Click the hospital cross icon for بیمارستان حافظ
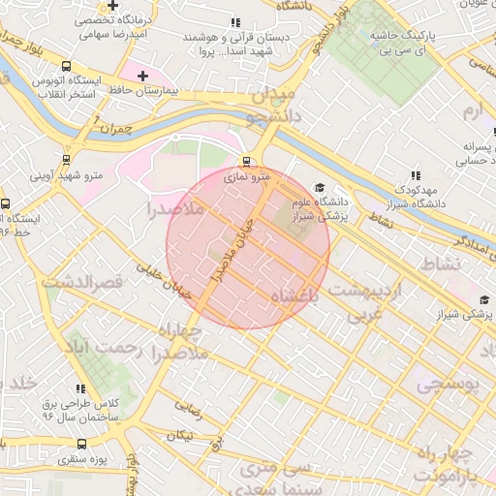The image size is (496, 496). [x=143, y=76]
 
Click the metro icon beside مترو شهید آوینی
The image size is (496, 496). [x=66, y=159]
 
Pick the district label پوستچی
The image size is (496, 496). [x=447, y=384]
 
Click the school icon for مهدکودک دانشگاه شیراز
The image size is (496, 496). [x=416, y=175]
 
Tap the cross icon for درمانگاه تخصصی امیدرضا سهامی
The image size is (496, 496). [x=114, y=5]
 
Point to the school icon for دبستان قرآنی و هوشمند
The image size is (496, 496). [x=234, y=21]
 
